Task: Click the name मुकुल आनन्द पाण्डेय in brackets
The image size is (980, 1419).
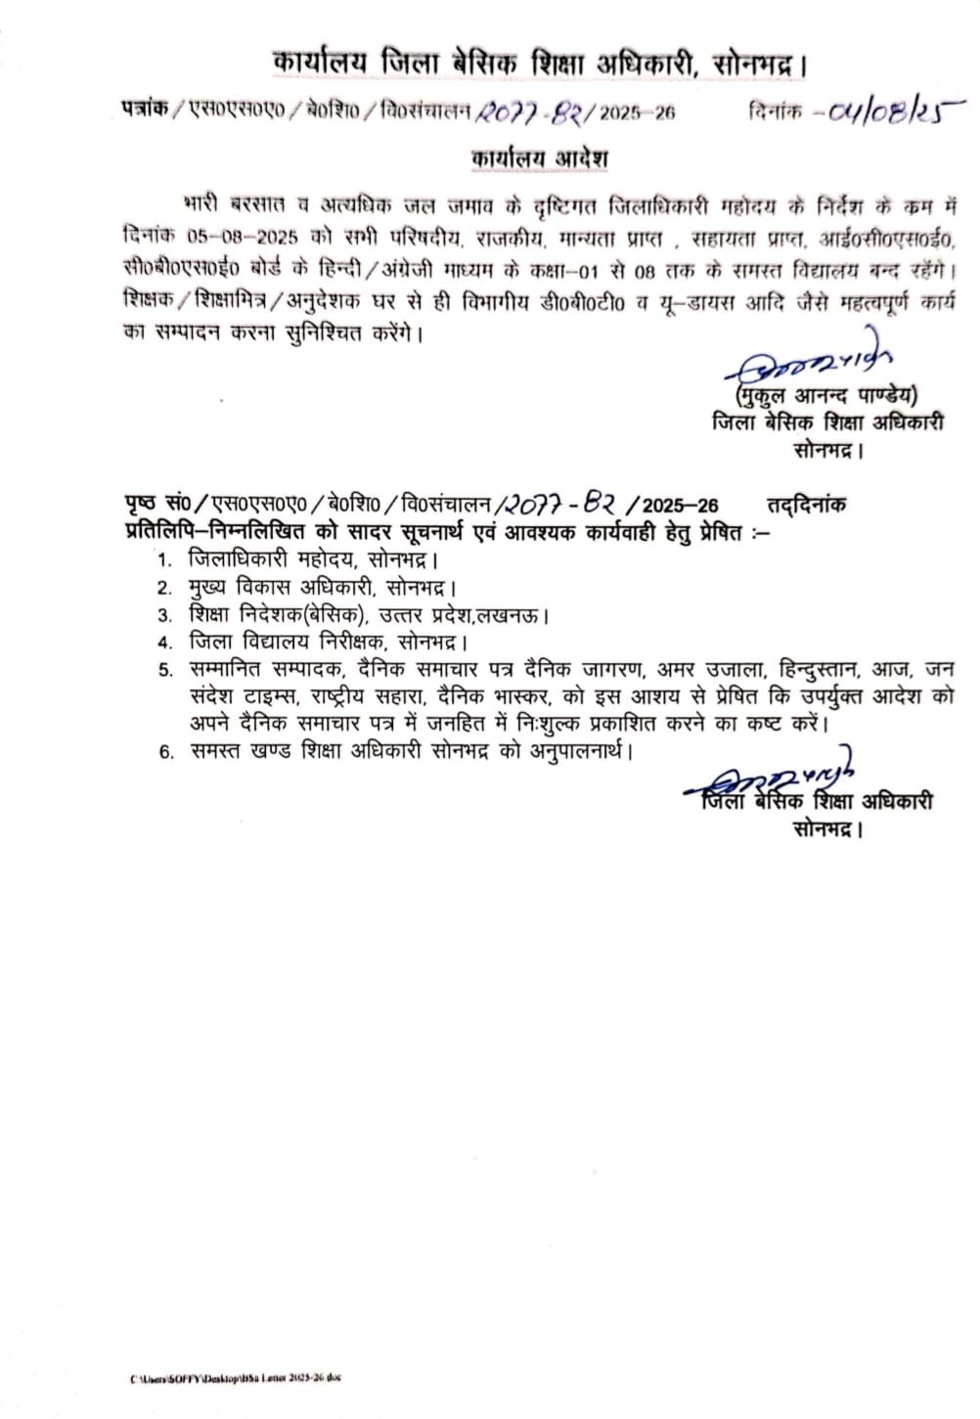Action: (824, 396)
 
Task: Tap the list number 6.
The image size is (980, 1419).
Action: (164, 751)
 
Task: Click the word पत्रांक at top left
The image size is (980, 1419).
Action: (143, 112)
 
